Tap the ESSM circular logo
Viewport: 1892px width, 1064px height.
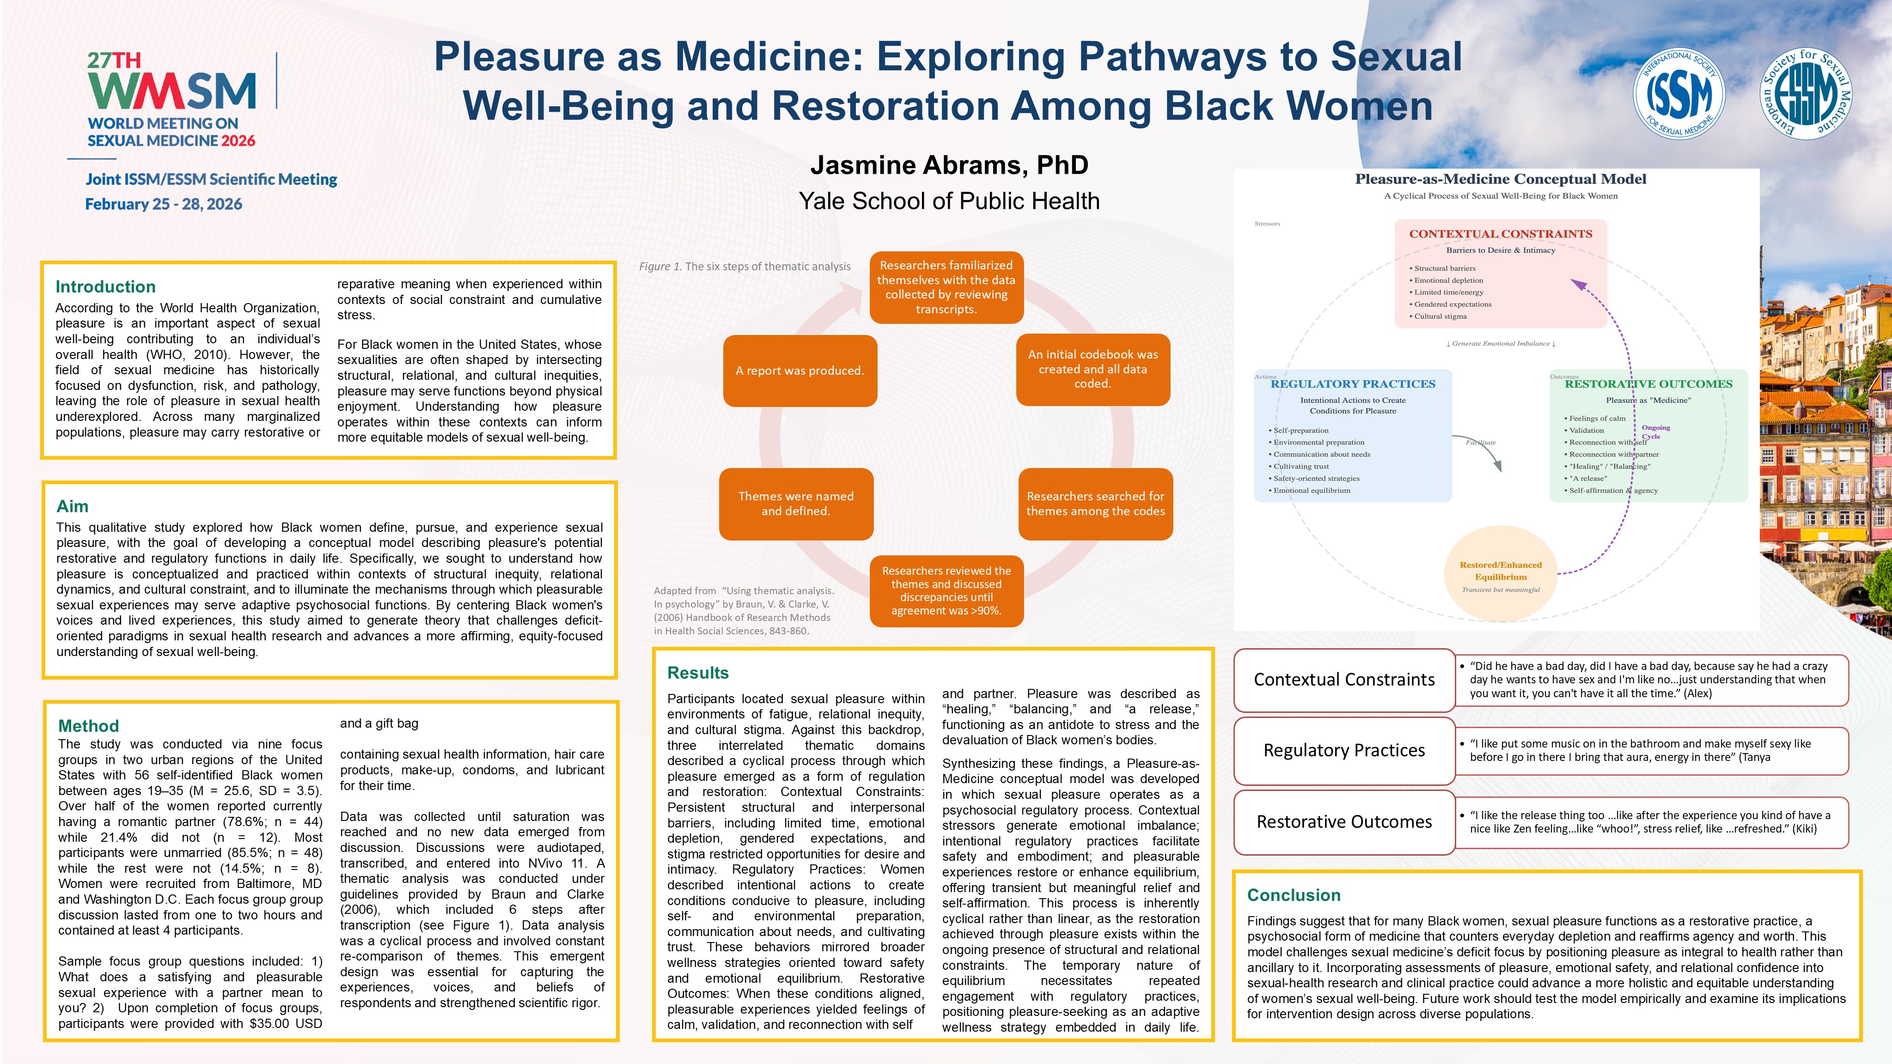[x=1806, y=94]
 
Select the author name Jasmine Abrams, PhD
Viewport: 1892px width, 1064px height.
[x=949, y=165]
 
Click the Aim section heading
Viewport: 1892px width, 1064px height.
[x=73, y=506]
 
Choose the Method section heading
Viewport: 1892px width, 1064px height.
[x=88, y=725]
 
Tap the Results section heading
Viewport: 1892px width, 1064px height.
[x=698, y=673]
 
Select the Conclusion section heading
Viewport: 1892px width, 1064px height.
[x=1294, y=894]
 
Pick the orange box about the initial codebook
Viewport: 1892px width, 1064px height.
[x=1093, y=369]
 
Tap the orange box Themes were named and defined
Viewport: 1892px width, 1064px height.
[x=796, y=504]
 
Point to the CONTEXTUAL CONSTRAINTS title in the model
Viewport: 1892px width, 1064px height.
[x=1501, y=233]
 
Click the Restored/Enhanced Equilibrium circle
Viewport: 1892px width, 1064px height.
[x=1501, y=572]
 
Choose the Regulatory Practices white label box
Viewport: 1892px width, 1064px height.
[x=1344, y=750]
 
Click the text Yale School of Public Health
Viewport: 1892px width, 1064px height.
[x=949, y=201]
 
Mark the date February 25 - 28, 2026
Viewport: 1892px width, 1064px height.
[x=164, y=204]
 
